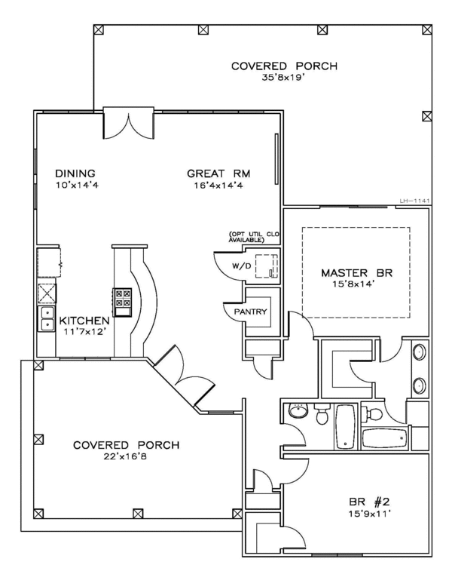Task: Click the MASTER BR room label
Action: click(357, 273)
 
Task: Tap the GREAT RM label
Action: click(218, 173)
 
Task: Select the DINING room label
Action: click(75, 173)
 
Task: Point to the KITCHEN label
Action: click(84, 321)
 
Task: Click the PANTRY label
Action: click(250, 312)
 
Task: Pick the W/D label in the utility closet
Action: click(242, 266)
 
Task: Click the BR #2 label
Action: click(369, 502)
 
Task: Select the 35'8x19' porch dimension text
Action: click(282, 77)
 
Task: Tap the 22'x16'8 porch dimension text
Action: click(125, 456)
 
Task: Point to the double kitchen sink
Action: click(47, 319)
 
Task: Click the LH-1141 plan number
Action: click(415, 201)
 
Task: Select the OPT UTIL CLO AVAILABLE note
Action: click(253, 237)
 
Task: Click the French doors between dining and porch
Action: click(129, 123)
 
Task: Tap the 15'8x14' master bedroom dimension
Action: click(353, 284)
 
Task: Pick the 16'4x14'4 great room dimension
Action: click(218, 186)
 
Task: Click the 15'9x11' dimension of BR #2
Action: click(369, 514)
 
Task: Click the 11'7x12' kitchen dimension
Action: click(84, 332)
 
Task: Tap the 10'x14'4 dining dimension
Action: click(77, 185)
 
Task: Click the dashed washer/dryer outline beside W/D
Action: click(267, 266)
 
